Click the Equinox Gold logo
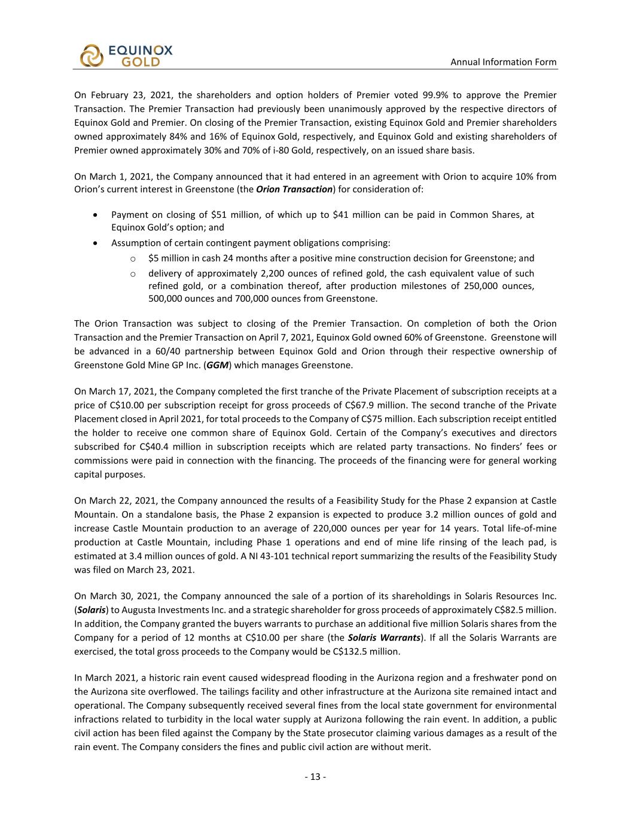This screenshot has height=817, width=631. pos(126,55)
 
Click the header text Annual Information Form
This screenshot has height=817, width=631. pos(503,62)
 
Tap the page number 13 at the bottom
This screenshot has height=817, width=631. pos(315,777)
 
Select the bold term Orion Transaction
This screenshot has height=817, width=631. pos(294,189)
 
